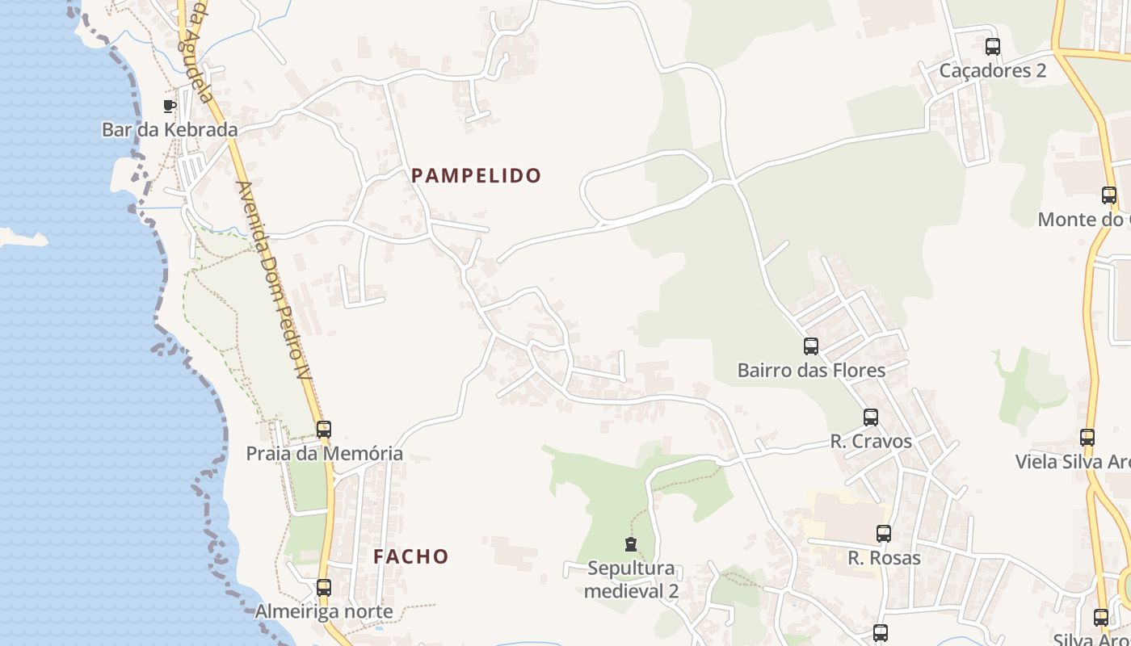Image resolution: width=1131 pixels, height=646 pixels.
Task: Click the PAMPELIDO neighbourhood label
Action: coord(476,175)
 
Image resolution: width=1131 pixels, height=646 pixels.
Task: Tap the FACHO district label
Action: coord(410,556)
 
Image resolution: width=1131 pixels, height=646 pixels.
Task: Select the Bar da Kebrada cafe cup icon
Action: coord(170,106)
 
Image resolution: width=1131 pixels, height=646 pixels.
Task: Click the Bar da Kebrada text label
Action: coord(170,129)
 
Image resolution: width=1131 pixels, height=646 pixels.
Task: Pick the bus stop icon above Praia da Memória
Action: coord(324,430)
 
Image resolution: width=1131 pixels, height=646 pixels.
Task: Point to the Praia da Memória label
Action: coord(324,453)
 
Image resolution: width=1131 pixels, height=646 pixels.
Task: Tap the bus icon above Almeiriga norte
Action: coord(324,588)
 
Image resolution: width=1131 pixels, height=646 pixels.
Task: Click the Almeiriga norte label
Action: coord(324,611)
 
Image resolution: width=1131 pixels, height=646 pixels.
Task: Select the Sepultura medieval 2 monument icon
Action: coord(631,544)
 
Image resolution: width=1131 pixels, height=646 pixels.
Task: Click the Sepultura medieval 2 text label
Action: coord(631,579)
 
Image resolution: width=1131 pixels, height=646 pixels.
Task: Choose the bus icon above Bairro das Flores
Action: coord(811,346)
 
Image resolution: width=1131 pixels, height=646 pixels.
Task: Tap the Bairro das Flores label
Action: coord(811,370)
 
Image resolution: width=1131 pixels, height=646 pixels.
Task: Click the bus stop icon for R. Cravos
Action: coord(871,417)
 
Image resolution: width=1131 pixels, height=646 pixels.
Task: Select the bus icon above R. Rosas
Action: coord(884,534)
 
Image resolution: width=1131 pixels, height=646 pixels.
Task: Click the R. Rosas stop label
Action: coord(884,557)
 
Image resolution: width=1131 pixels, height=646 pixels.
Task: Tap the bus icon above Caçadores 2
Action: coord(993,47)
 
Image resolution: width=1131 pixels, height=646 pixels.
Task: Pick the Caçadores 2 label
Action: coord(993,70)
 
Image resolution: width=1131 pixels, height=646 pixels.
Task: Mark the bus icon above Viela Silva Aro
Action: coord(1087,438)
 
